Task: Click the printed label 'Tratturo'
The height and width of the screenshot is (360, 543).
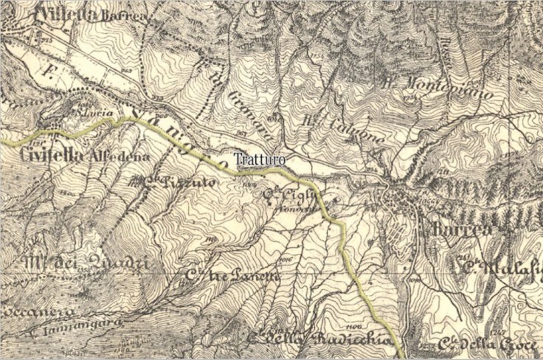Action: pos(259,159)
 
